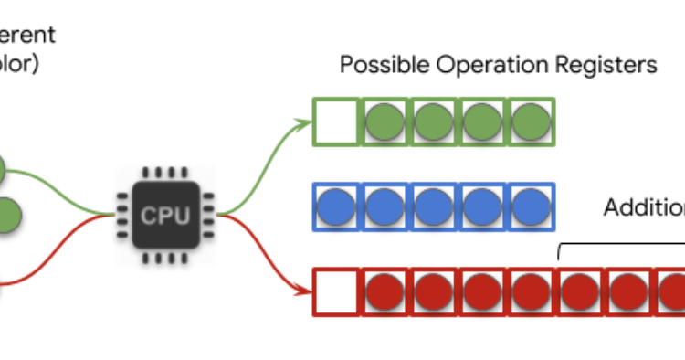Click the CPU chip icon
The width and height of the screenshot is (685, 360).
tap(165, 216)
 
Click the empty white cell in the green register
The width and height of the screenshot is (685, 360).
tap(337, 122)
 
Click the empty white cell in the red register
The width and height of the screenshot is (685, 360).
tap(337, 292)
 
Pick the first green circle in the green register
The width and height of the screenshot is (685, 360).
tap(386, 122)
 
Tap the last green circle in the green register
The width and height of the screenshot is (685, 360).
tap(531, 122)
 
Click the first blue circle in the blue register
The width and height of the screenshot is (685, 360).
tap(337, 207)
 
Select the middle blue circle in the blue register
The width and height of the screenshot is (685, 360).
tap(434, 207)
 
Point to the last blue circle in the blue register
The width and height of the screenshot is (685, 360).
tap(531, 207)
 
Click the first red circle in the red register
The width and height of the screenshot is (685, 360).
tap(386, 292)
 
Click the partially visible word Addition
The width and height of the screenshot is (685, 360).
tap(644, 207)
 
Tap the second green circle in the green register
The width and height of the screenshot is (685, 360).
tap(434, 122)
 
